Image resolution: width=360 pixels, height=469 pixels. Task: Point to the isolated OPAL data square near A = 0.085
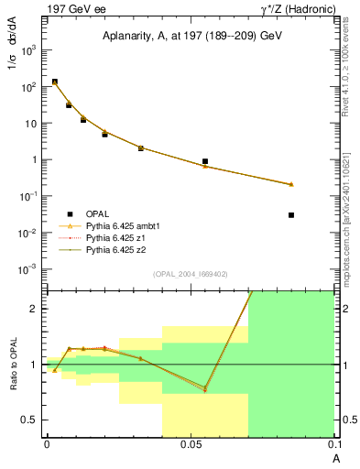point(291,215)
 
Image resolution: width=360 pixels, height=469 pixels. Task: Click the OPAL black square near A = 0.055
point(205,161)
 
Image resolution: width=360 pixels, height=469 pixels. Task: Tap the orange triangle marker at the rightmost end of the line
point(291,184)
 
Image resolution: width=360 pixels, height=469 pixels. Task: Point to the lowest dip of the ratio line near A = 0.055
point(205,390)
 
